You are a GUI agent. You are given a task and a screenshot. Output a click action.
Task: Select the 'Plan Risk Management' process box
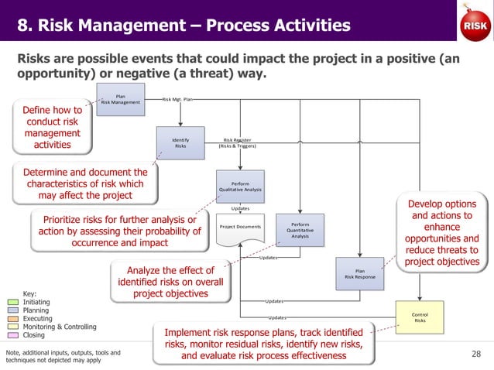[121, 101]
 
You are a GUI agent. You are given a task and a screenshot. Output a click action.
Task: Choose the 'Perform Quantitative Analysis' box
[300, 231]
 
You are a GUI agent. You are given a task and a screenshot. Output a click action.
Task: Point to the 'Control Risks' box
[420, 318]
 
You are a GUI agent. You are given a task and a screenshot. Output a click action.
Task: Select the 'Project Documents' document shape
[238, 229]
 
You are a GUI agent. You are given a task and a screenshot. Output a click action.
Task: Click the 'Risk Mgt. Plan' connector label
[177, 100]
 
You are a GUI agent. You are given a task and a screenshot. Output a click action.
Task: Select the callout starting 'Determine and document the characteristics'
[86, 183]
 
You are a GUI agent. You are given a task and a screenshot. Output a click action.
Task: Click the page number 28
[475, 354]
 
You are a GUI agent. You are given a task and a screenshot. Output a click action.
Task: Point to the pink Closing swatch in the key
[17, 335]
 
